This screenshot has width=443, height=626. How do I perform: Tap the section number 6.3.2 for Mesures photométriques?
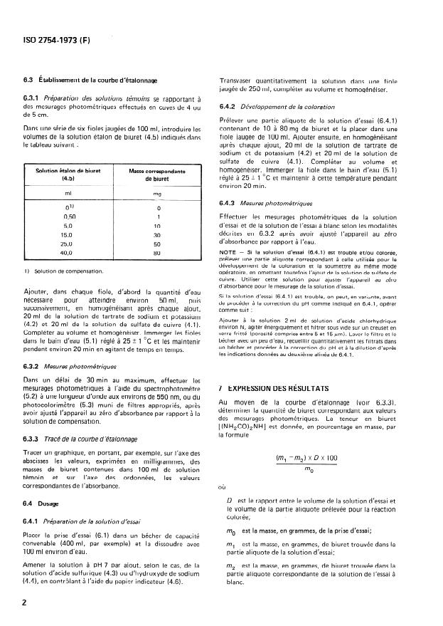pos(34,367)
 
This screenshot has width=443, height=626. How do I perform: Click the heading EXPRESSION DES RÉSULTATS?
pos(277,388)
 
